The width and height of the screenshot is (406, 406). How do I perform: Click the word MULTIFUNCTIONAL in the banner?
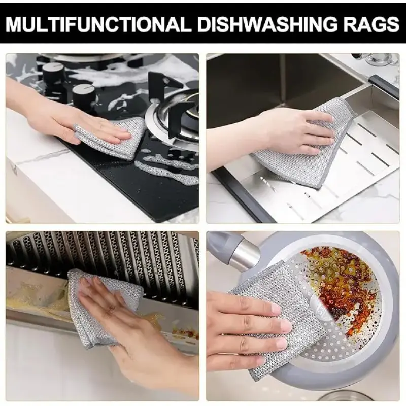pyautogui.click(x=99, y=24)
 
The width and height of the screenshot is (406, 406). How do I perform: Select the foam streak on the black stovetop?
pyautogui.click(x=166, y=168)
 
